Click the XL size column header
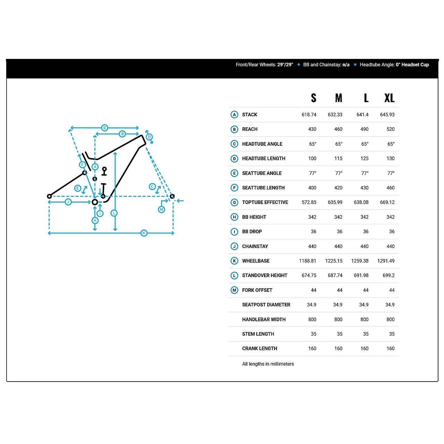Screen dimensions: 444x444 [389, 98]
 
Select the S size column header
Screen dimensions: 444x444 [313, 98]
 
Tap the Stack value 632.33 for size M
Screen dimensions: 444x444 [335, 114]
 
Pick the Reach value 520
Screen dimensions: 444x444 [391, 129]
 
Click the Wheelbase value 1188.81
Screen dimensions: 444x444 [308, 261]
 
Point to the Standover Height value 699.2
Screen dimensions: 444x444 [388, 275]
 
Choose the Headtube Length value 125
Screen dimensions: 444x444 [364, 158]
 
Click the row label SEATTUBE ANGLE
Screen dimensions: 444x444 [262, 173]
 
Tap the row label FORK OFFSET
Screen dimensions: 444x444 [257, 290]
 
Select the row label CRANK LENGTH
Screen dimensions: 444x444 [260, 348]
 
